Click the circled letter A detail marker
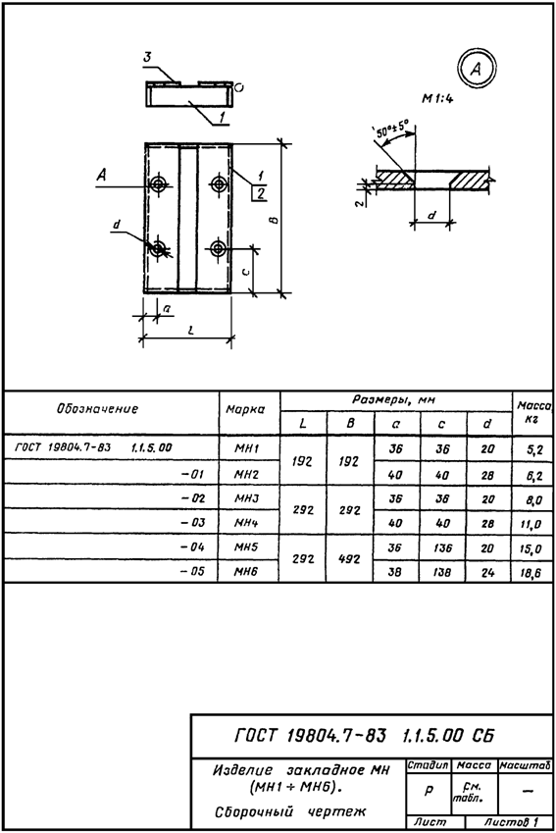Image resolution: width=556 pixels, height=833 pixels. point(476,68)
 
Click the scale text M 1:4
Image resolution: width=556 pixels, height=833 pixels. point(437,98)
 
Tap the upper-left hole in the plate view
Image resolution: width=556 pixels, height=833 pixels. point(158,184)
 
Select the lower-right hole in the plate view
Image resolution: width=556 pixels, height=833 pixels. point(218,248)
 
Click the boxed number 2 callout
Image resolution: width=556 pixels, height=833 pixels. point(259,194)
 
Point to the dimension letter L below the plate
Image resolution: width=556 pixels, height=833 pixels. point(190,330)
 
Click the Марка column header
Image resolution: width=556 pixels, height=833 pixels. point(245,409)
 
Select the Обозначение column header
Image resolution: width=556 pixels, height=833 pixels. point(97,408)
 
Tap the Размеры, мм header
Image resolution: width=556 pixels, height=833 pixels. point(393,400)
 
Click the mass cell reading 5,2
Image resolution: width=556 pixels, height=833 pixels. point(534,450)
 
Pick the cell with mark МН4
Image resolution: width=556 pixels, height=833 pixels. point(246,523)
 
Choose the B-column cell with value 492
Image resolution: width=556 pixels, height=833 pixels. point(349,559)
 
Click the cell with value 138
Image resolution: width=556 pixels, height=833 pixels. point(441,572)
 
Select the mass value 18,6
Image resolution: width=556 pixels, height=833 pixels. point(531,574)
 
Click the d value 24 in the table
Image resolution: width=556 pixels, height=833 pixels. point(487,573)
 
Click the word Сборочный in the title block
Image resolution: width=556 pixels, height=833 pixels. point(254,811)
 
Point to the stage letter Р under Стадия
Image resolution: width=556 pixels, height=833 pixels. point(430,790)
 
